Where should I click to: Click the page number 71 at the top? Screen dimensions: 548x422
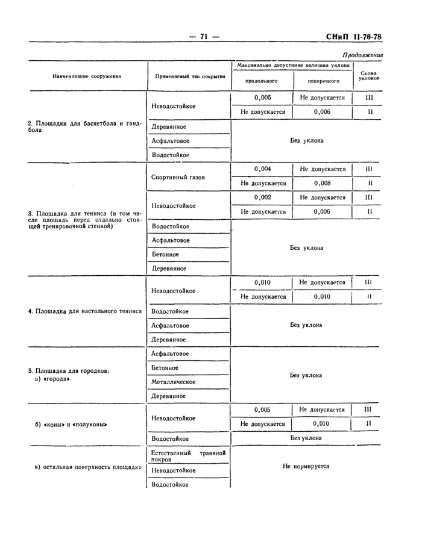204,37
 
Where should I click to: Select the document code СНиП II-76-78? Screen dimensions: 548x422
354,37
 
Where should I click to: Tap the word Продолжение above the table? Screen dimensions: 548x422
362,55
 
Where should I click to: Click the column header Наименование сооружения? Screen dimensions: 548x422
87,76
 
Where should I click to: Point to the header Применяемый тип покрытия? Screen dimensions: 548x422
190,77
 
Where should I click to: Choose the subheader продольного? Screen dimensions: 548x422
262,80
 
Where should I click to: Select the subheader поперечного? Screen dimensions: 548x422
323,80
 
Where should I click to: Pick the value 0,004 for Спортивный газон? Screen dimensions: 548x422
262,169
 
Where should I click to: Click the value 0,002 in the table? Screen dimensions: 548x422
262,198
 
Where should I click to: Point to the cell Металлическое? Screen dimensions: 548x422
174,382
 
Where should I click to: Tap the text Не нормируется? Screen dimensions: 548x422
306,465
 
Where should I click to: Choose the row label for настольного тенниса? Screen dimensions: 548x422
85,311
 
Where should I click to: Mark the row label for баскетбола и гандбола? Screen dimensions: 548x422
84,126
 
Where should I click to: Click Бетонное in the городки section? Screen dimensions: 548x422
165,367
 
